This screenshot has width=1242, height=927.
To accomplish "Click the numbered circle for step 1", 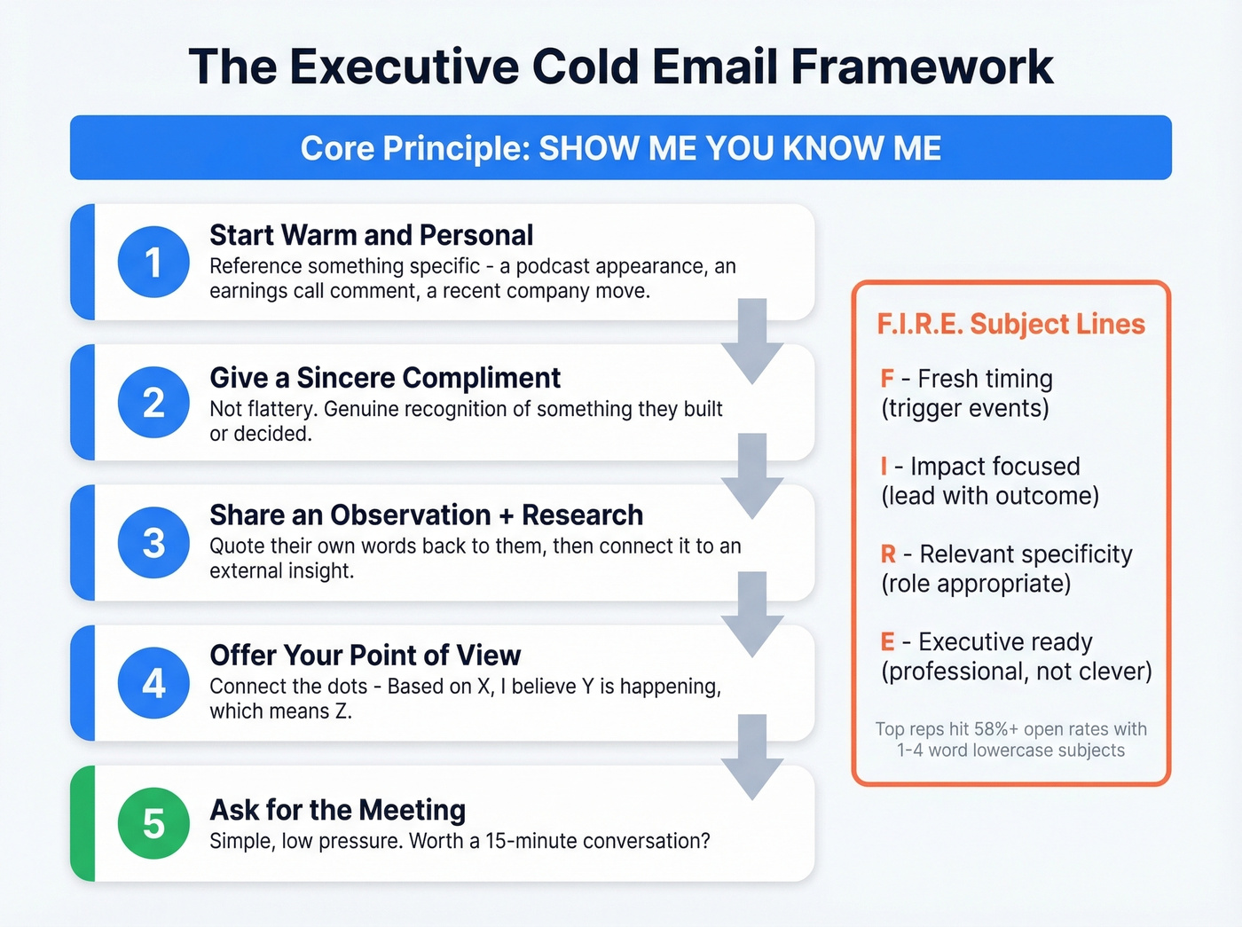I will click(153, 262).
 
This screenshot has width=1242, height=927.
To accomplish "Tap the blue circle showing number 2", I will click(153, 402).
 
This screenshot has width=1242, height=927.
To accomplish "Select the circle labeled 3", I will click(153, 542).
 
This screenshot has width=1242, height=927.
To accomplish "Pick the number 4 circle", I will click(153, 682).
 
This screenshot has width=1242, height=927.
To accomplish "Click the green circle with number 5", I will click(153, 823).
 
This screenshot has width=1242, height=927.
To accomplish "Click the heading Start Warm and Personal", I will click(371, 235).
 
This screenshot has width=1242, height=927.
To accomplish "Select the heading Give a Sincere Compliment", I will click(384, 378).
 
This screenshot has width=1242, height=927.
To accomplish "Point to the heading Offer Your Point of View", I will click(365, 656).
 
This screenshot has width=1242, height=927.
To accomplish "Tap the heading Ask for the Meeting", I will click(337, 810).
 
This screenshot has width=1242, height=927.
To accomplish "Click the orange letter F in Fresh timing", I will click(887, 379).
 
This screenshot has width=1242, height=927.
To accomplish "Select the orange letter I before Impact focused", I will click(884, 467).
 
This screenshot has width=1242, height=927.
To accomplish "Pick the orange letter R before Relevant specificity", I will click(888, 554).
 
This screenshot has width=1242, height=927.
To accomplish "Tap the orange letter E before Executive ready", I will click(887, 642).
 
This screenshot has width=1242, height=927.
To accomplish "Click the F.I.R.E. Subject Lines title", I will click(1010, 324).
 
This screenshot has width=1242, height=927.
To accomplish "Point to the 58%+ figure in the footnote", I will click(996, 729).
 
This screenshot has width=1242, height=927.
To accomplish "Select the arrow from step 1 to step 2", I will click(752, 342).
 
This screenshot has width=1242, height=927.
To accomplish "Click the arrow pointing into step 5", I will click(752, 757).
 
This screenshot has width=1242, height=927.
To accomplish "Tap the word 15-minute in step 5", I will click(529, 841).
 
